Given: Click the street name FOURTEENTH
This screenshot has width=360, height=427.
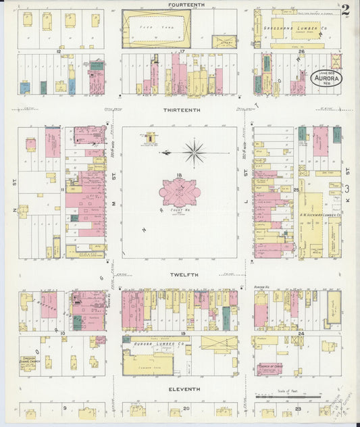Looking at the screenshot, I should coord(180,5).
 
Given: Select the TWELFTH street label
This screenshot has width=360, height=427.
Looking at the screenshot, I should coord(180,275).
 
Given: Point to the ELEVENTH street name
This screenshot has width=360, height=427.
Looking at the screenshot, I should coord(180,389).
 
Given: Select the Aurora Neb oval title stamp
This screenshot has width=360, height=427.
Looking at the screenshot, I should coord(326,81).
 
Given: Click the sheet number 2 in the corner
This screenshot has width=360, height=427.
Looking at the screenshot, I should coord(346,9).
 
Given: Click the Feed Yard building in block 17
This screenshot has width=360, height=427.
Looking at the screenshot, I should coord(156,28).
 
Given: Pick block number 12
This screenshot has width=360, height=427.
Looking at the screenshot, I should coord(59,51).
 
